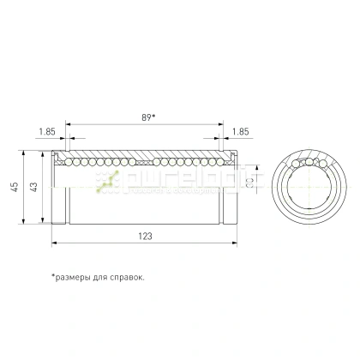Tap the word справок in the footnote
point(125,277)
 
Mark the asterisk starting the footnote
point(53,276)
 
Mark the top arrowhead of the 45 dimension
point(23,155)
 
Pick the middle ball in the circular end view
point(309,161)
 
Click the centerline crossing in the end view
point(307,188)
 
